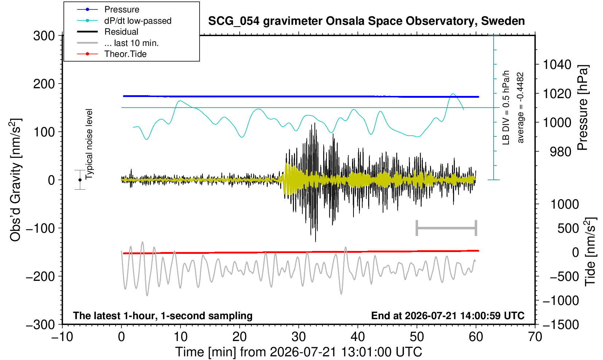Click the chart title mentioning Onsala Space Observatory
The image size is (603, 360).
coord(366,21)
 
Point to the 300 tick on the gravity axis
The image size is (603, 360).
coord(44,36)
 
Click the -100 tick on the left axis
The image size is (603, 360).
coord(40,228)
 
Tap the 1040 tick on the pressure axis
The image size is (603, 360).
coord(557,65)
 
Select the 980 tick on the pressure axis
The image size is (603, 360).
coord(560,152)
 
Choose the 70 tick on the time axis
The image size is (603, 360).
coord(535,337)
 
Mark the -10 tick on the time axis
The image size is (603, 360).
coord(62,337)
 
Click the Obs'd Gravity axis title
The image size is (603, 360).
coord(15,180)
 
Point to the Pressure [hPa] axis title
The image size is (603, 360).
coord(583,108)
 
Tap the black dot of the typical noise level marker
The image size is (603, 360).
coord(80,180)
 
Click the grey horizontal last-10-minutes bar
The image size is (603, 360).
coord(447,228)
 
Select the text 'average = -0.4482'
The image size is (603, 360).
coord(520,108)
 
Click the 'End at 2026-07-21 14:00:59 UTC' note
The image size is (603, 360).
coord(448,316)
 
